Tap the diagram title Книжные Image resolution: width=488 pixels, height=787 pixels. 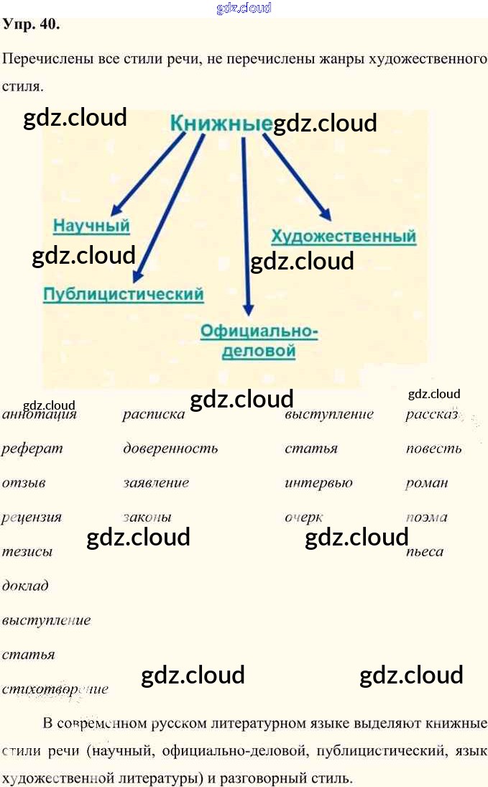point(221,123)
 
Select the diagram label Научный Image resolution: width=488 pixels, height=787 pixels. point(91,226)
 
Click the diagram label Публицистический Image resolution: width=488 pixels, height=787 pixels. point(123,294)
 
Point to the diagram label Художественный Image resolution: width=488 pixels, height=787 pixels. point(344,236)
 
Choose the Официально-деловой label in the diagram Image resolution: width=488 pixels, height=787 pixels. point(259,341)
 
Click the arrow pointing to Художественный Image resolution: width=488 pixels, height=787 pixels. point(296,177)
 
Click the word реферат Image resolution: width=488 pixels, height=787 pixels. point(32,449)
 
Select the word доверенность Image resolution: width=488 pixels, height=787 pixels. point(170,449)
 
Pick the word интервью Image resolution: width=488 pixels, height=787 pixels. point(318,483)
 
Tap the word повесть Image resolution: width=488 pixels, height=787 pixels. point(433,449)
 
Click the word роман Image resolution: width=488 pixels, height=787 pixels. point(426,483)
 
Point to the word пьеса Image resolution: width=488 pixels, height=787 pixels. point(424,552)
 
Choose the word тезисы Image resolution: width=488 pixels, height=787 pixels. point(27,552)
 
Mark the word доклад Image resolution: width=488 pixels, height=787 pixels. point(25,586)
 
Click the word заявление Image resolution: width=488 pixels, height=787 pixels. point(156,483)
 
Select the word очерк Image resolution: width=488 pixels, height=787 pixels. point(303,517)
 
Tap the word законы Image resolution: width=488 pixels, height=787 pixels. point(147,517)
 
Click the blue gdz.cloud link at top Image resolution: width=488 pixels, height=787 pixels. point(244,8)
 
